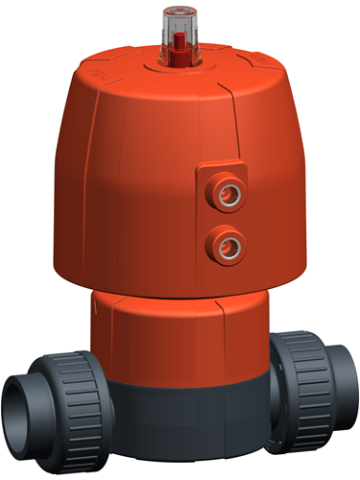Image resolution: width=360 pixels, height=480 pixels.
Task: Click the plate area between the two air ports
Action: [227, 217]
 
